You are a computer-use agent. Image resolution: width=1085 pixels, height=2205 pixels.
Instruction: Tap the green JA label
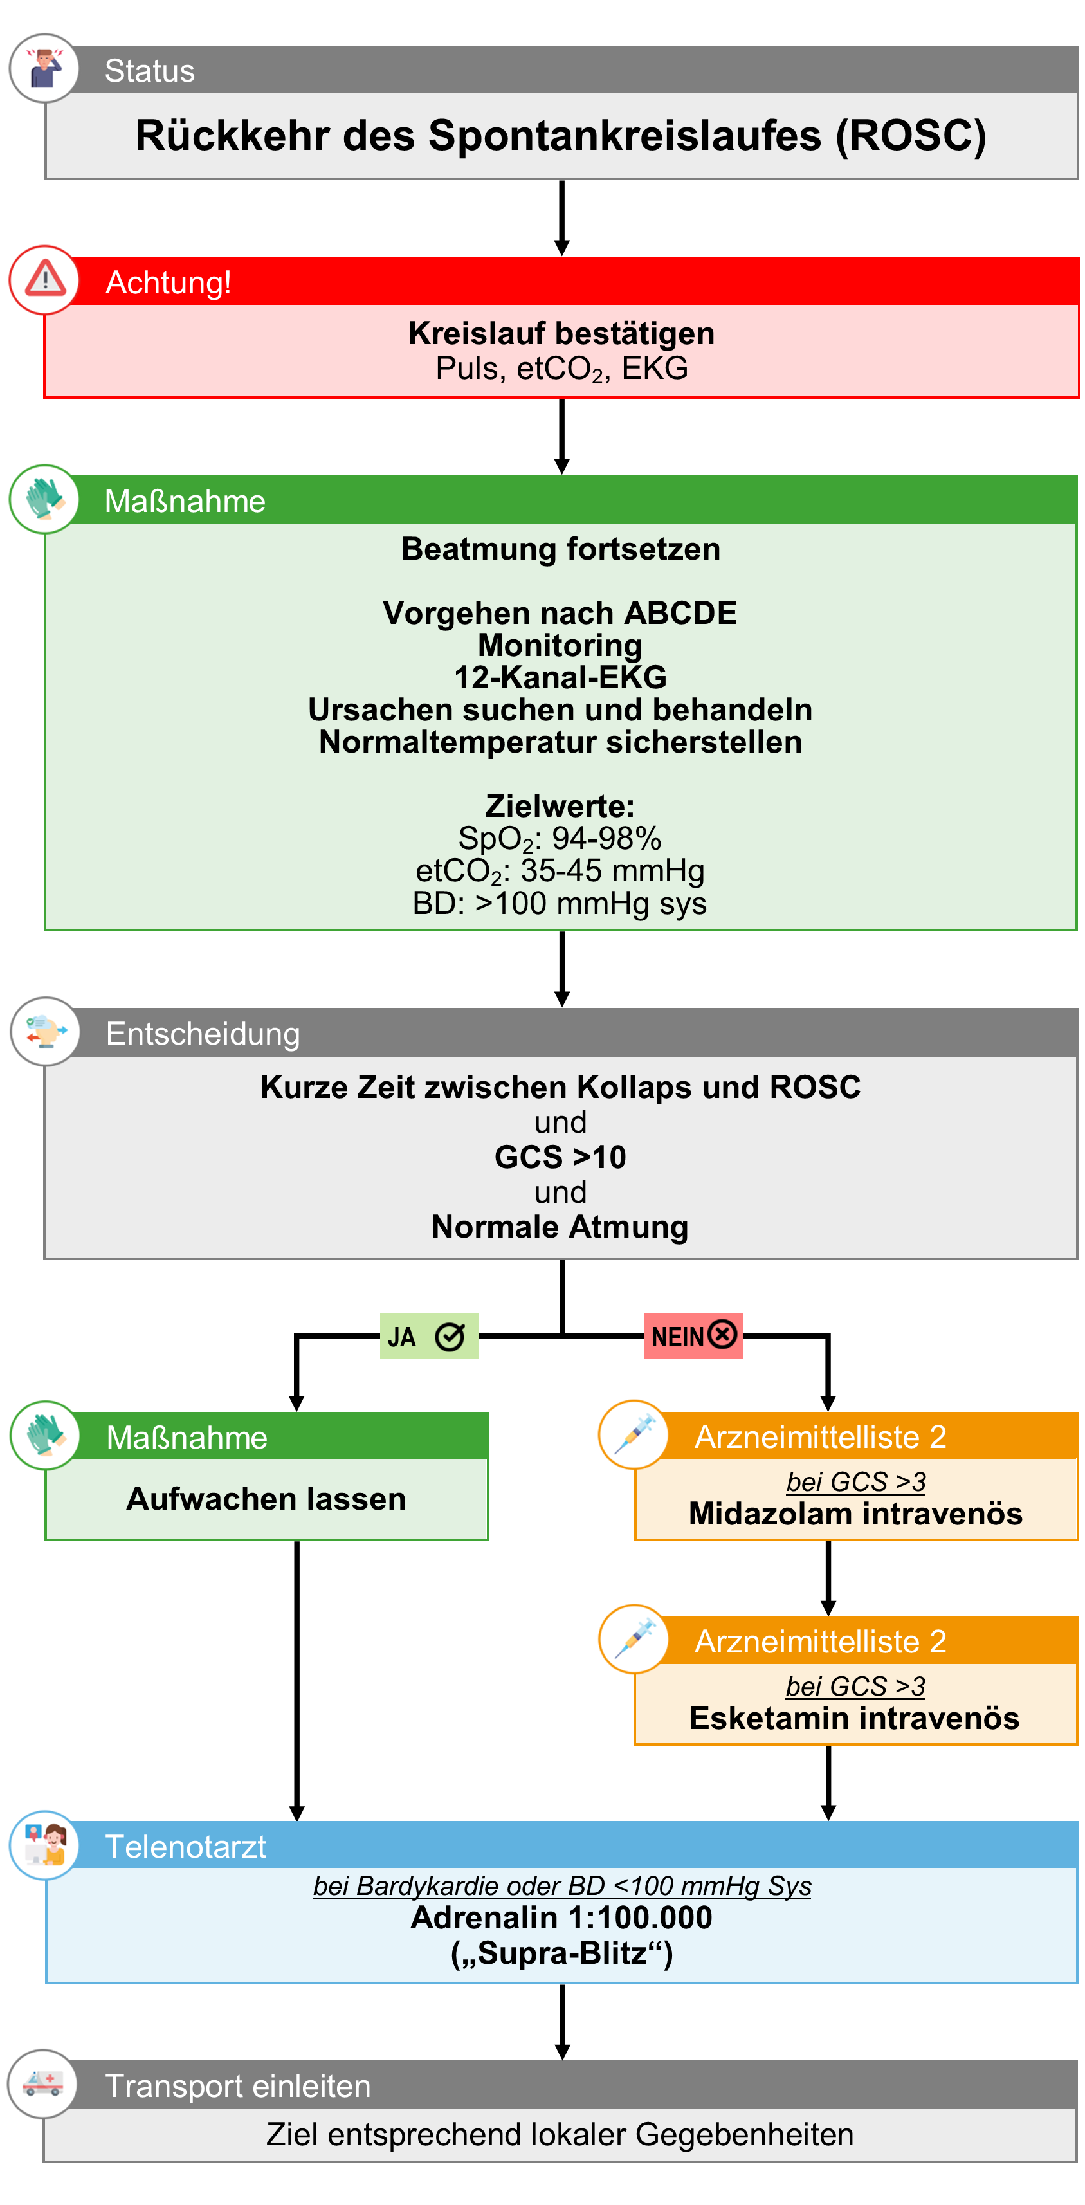[x=428, y=1336]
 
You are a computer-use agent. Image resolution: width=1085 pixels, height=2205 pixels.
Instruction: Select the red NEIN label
[x=691, y=1335]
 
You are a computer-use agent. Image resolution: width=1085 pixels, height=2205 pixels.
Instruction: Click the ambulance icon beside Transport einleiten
[x=43, y=2083]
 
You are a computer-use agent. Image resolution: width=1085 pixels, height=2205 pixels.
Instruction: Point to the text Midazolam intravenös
[x=855, y=1514]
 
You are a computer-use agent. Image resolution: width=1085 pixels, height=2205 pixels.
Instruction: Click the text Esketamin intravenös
[x=854, y=1718]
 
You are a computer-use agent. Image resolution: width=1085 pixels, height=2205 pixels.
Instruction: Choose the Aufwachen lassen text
[x=266, y=1499]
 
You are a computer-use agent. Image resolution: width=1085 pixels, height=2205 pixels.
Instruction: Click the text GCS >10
[x=560, y=1157]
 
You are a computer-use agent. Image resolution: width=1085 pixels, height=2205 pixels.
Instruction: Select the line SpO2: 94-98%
[x=560, y=838]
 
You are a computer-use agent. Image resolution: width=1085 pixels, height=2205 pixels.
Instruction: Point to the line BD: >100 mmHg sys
[x=560, y=903]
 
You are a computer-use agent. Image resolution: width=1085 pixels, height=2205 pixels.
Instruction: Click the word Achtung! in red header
[x=168, y=282]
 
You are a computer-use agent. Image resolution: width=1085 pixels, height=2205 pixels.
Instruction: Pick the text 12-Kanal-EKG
[x=560, y=677]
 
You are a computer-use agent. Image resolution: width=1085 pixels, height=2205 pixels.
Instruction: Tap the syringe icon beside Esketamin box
[x=634, y=1638]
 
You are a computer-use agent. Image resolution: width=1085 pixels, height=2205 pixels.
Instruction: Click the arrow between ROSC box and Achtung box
[x=561, y=217]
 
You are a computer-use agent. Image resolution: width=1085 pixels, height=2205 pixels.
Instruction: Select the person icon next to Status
[x=44, y=68]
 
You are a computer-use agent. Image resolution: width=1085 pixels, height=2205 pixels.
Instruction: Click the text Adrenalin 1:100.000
[x=560, y=1917]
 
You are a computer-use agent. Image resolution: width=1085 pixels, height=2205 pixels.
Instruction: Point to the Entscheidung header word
[x=203, y=1033]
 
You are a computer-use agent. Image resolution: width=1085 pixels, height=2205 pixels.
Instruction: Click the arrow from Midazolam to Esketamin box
[x=828, y=1578]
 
